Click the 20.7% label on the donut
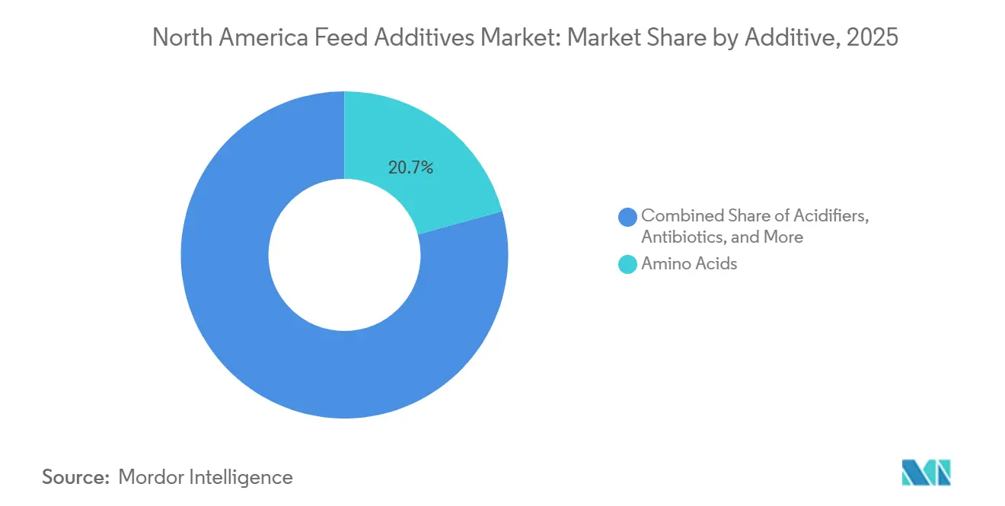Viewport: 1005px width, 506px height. (x=410, y=168)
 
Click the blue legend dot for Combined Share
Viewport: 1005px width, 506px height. (x=628, y=216)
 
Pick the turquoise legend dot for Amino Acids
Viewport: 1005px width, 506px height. (x=628, y=264)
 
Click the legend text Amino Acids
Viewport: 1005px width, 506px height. (x=689, y=264)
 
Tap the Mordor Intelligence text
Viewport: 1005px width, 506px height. (x=206, y=477)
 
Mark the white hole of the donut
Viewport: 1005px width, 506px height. (x=344, y=255)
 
